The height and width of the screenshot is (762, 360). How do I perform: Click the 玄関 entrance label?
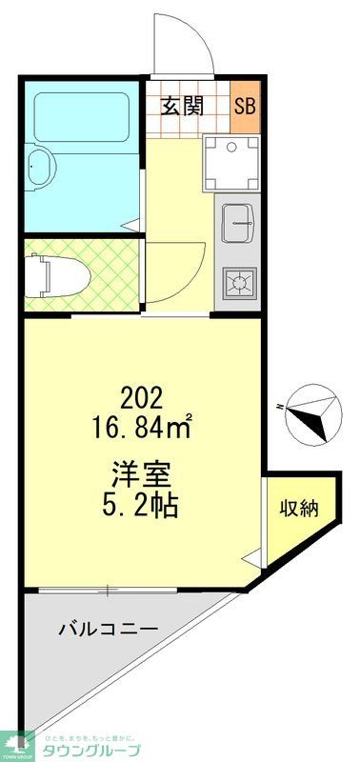182,106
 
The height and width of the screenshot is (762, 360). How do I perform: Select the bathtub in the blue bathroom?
82,118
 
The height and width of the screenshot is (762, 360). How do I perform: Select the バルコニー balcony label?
106,629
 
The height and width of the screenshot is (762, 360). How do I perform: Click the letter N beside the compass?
280,407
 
